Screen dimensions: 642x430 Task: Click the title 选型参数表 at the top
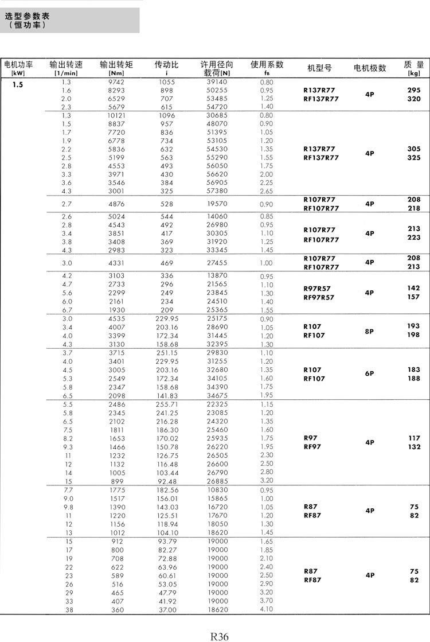click(x=27, y=17)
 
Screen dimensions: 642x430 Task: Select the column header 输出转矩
click(x=116, y=65)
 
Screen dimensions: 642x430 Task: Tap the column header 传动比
click(x=166, y=65)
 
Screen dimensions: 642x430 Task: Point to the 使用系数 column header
click(x=267, y=64)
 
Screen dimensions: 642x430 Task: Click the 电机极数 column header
click(x=370, y=68)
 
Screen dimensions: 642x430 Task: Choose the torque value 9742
click(x=116, y=82)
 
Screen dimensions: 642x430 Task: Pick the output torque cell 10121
click(x=116, y=115)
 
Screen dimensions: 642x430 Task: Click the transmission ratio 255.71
click(x=167, y=404)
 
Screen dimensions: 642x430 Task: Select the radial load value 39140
click(x=217, y=82)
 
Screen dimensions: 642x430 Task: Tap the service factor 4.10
click(x=267, y=610)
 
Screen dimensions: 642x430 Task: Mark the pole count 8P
click(x=370, y=331)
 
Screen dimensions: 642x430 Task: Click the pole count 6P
click(x=370, y=374)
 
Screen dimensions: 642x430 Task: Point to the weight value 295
click(x=413, y=90)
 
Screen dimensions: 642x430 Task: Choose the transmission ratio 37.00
click(x=167, y=610)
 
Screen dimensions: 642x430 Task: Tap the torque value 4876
click(x=116, y=204)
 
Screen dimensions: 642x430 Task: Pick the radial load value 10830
click(x=217, y=491)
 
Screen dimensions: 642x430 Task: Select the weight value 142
click(x=413, y=288)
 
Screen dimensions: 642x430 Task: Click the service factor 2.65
click(x=267, y=191)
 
